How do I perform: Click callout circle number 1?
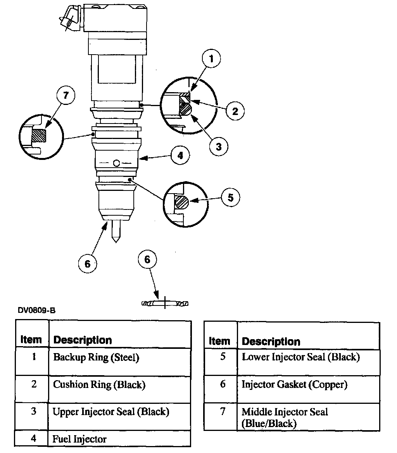click(211, 59)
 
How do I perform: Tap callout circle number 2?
click(235, 112)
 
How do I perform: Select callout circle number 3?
click(218, 146)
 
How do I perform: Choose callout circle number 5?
click(230, 198)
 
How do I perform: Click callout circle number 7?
click(66, 95)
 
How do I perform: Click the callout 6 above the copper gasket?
click(147, 259)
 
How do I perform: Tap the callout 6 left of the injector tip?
click(87, 264)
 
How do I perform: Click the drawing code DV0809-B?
click(36, 311)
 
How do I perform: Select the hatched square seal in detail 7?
click(38, 136)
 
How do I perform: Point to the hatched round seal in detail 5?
click(181, 202)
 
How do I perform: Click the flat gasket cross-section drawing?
click(165, 303)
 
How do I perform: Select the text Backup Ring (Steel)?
click(96, 357)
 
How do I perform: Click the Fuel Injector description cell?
click(79, 439)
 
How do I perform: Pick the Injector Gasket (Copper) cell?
click(294, 384)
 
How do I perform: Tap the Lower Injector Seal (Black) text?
click(301, 357)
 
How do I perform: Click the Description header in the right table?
click(271, 341)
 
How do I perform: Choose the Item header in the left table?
click(31, 340)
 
